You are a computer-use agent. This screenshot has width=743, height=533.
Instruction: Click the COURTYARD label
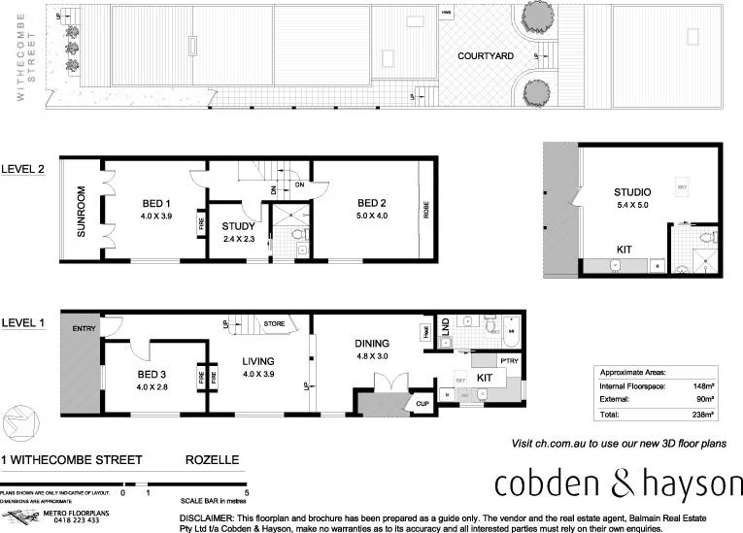pyautogui.click(x=486, y=56)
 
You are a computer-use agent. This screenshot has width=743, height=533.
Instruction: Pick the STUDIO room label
pyautogui.click(x=632, y=192)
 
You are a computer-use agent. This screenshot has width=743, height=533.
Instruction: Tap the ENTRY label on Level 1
pyautogui.click(x=83, y=329)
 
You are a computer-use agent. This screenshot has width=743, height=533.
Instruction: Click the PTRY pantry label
pyautogui.click(x=511, y=362)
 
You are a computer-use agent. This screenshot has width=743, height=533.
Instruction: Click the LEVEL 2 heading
pyautogui.click(x=23, y=168)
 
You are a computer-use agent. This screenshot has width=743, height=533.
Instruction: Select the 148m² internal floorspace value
pyautogui.click(x=702, y=385)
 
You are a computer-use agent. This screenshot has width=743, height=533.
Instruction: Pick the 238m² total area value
pyautogui.click(x=702, y=415)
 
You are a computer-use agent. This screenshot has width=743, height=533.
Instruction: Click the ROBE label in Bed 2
pyautogui.click(x=424, y=209)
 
